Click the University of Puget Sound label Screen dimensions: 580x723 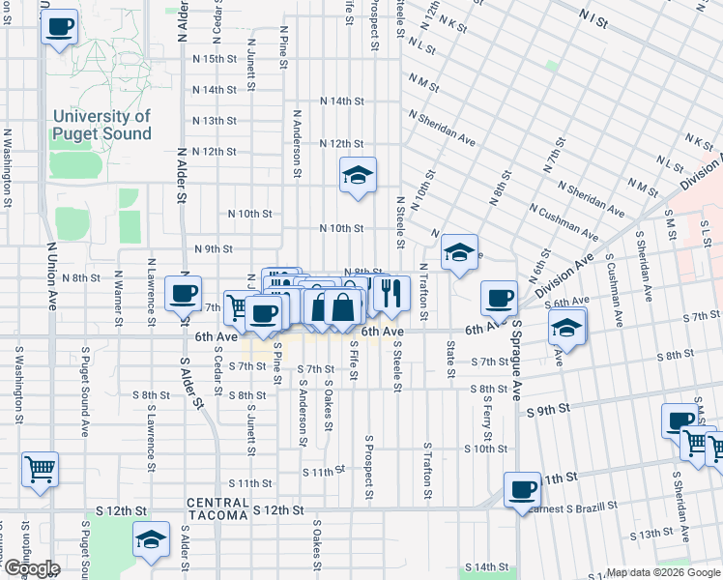[102, 125]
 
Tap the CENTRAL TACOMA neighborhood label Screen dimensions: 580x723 [217, 503]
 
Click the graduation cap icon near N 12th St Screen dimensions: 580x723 [358, 175]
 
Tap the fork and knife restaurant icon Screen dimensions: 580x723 [390, 293]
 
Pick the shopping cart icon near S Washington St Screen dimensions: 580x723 [40, 470]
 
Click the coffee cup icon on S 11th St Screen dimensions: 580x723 [523, 488]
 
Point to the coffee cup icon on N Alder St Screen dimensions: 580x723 [183, 293]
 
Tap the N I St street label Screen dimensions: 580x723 [593, 19]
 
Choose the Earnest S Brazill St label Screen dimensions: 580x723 [574, 507]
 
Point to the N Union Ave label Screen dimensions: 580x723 [51, 275]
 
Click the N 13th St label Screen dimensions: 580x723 [214, 121]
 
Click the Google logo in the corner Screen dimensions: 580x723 [32, 568]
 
